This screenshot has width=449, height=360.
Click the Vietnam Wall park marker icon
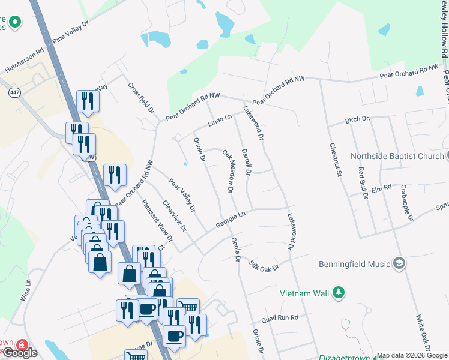pyautogui.click(x=339, y=293)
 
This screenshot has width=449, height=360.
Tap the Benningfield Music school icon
pyautogui.click(x=399, y=263)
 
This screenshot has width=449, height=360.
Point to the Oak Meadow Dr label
pyautogui.click(x=228, y=171)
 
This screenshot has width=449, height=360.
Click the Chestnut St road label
pyautogui.click(x=335, y=159)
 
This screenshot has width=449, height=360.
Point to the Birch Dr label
pyautogui.click(x=357, y=121)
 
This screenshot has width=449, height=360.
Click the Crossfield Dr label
pyautogui.click(x=142, y=99)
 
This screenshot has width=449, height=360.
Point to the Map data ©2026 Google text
pyautogui.click(x=412, y=356)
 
